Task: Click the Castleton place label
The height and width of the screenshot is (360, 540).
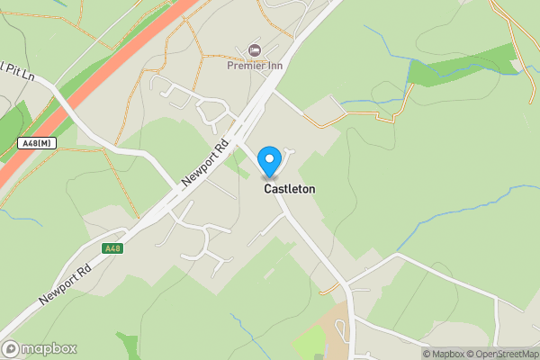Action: point(289,190)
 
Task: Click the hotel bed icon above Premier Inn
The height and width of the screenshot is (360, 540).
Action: point(254,49)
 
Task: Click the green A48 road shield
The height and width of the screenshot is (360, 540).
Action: point(112,248)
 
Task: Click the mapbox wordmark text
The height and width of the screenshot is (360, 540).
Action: point(49,348)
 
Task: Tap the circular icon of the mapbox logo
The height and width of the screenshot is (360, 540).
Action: point(12,348)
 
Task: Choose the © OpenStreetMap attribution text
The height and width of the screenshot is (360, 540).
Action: point(500,354)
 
